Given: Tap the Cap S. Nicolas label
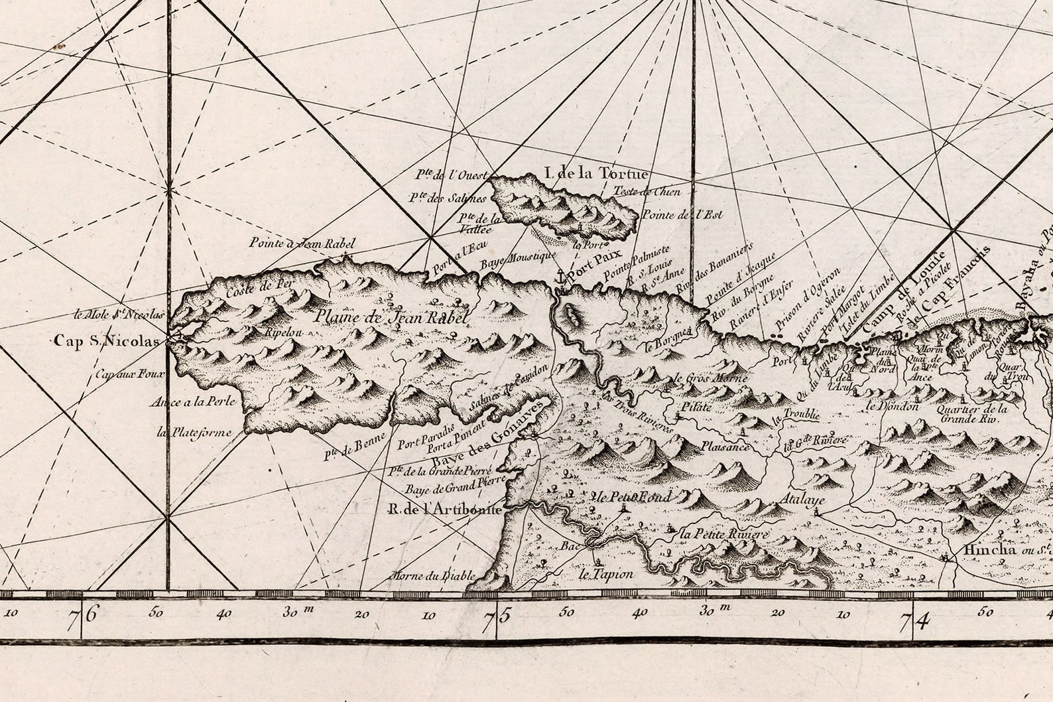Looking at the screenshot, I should pyautogui.click(x=107, y=342).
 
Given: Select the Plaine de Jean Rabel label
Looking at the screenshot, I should pyautogui.click(x=392, y=317).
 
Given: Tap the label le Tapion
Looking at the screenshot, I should pyautogui.click(x=605, y=575).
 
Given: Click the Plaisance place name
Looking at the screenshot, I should pyautogui.click(x=725, y=447).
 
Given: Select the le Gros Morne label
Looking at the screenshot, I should pyautogui.click(x=710, y=378).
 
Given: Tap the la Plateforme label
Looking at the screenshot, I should pyautogui.click(x=194, y=433).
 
